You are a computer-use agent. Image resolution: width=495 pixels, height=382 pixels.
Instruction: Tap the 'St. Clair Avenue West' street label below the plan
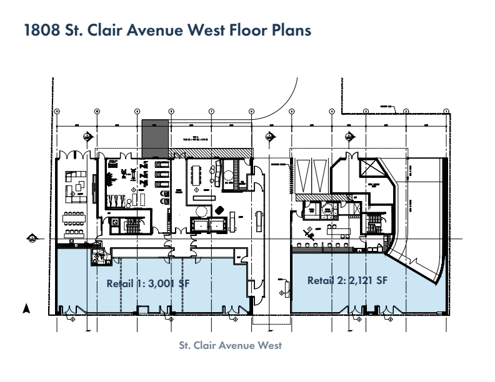(247, 346)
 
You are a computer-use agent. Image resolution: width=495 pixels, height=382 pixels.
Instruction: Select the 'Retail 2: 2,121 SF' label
(347, 281)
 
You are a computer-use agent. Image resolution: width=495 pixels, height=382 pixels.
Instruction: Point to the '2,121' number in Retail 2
(362, 281)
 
